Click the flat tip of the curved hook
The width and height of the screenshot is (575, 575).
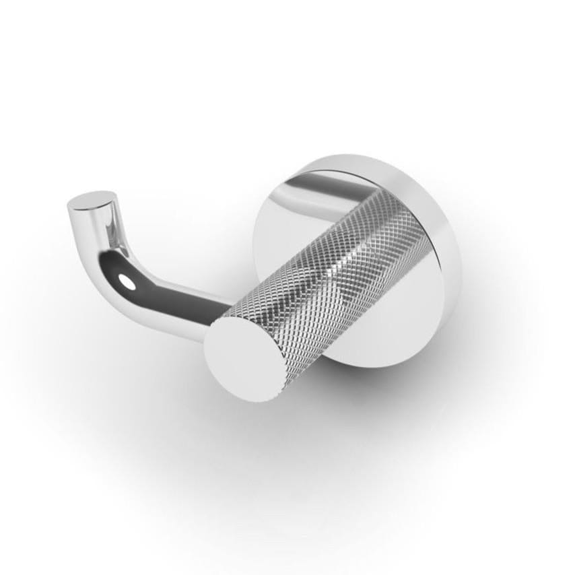tap(92, 201)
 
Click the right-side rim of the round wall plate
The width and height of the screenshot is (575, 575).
tap(452, 269)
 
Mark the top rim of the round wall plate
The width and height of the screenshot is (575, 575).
tap(350, 162)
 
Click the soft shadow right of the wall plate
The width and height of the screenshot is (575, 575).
tap(485, 316)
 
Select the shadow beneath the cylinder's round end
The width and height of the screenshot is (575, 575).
tap(269, 417)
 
